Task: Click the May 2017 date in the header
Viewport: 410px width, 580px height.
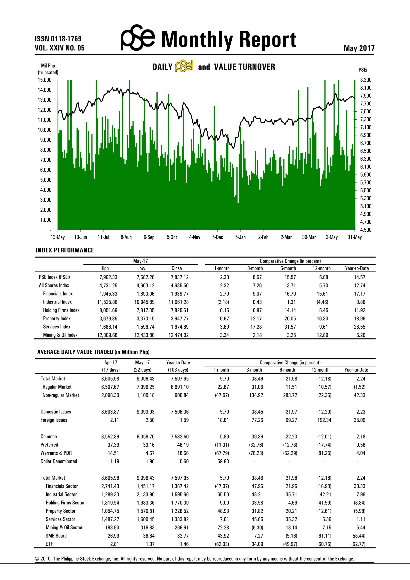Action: [x=359, y=48]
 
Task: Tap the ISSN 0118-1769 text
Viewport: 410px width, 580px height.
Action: [x=58, y=39]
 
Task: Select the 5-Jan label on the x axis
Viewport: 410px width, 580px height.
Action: [x=240, y=237]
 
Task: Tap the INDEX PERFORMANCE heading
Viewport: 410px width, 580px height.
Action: [x=65, y=250]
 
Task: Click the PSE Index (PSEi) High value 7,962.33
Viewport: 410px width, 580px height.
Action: [x=108, y=277]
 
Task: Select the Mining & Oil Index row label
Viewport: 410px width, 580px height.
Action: [x=60, y=335]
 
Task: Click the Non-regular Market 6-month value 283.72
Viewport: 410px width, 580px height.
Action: [x=290, y=395]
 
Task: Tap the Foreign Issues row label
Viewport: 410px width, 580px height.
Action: [x=54, y=420]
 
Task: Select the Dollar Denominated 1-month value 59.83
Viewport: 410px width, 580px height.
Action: [x=223, y=461]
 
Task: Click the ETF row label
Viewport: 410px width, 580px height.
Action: [x=49, y=544]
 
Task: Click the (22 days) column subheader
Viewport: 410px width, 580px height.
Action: [x=142, y=370]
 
